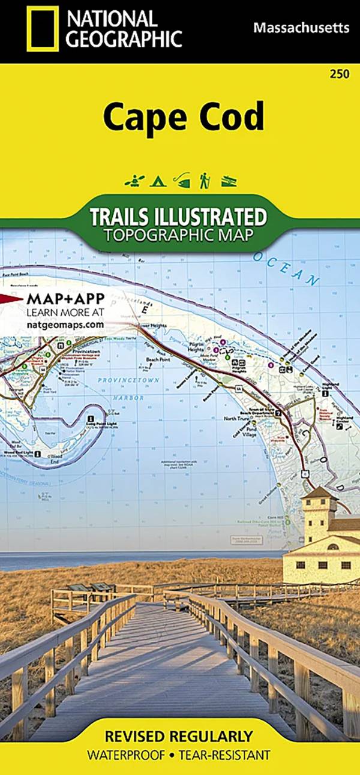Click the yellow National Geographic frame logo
(x=43, y=28)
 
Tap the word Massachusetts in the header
(x=301, y=28)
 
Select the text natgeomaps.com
(x=65, y=324)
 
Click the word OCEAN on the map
(x=289, y=271)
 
